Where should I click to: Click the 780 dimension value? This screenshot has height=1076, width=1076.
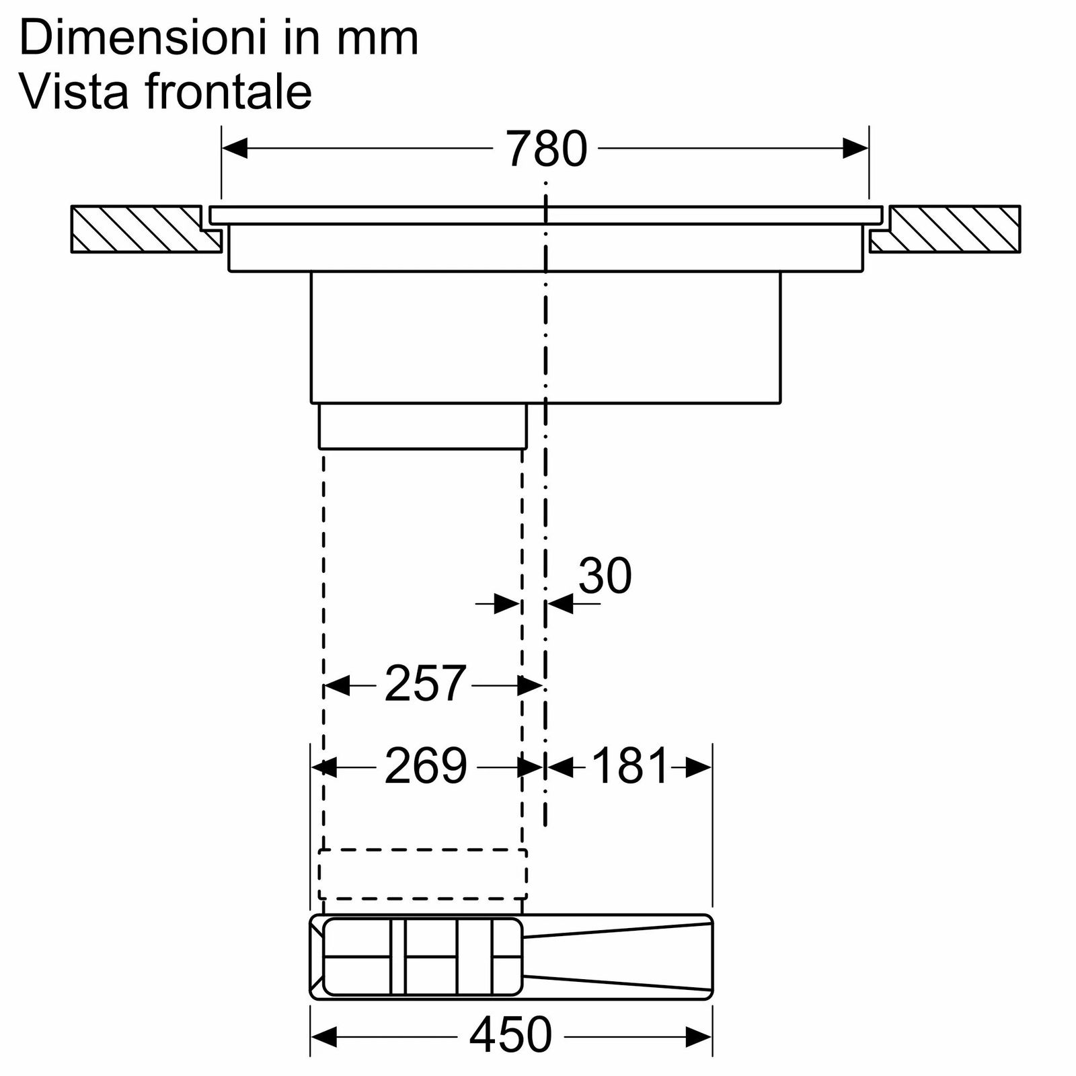[x=547, y=149]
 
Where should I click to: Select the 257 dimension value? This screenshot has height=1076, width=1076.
[x=425, y=683]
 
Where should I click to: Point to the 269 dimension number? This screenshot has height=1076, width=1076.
[x=426, y=765]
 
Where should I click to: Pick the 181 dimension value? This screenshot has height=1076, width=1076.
[x=630, y=765]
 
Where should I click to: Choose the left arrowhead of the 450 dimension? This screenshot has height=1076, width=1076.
[x=323, y=1036]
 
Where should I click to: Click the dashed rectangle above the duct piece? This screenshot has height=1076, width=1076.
[x=422, y=874]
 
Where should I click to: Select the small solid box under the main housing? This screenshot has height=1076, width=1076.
[x=422, y=426]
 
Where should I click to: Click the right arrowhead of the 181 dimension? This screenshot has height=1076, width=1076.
[x=699, y=767]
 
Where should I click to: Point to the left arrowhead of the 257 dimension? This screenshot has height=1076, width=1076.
[x=337, y=686]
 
